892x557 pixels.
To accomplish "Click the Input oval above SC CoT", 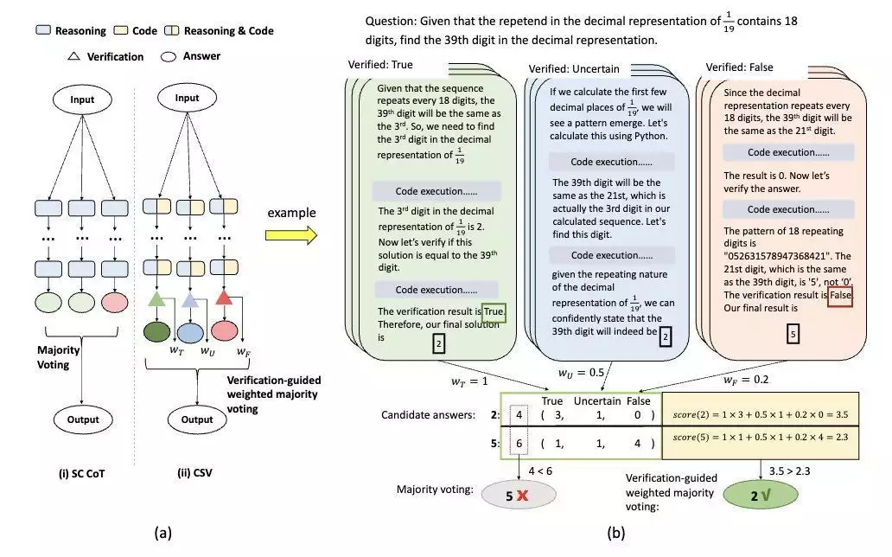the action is point(82,99).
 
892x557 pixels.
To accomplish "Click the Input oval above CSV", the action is point(188,98).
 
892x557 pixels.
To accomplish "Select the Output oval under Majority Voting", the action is point(83,419).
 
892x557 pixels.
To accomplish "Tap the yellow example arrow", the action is point(291,234).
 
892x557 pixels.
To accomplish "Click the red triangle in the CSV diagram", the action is point(224,298).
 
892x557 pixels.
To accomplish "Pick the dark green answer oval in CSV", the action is point(156,332).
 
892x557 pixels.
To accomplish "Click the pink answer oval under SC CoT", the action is point(114,303).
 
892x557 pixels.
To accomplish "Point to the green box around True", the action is point(494,311).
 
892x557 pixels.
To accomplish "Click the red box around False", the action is point(840,295).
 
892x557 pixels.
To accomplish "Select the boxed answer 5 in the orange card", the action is point(793,334).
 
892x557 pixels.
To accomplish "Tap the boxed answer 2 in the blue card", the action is point(665,336).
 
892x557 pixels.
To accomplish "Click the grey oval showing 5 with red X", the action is point(519,496).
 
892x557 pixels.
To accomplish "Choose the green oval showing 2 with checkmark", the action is point(761,496).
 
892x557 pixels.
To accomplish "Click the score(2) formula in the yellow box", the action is point(760,414).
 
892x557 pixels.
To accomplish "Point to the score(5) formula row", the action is point(760,438).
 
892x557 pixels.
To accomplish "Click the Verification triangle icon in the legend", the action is point(74,56).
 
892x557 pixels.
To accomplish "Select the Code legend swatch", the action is point(121,30).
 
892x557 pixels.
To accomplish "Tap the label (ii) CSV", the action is point(194,473).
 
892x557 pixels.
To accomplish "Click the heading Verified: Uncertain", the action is point(573,69).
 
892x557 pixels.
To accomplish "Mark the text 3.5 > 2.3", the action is point(790,471).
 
